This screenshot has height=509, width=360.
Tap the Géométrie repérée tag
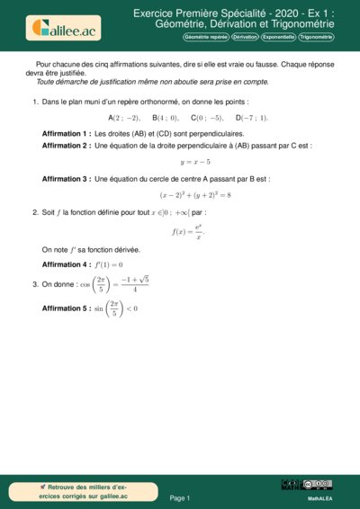click(206, 38)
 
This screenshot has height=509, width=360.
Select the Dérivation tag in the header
click(245, 38)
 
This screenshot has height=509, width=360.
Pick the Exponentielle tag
click(278, 38)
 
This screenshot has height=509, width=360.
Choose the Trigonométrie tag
click(316, 38)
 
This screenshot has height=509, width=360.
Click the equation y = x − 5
click(195, 162)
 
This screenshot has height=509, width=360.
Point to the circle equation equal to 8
click(195, 194)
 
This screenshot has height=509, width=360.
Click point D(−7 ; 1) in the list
click(252, 118)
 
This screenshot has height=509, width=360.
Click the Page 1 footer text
click(180, 497)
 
